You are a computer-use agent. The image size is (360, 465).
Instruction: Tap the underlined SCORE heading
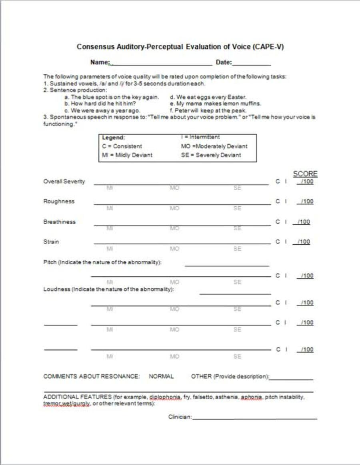[305, 174]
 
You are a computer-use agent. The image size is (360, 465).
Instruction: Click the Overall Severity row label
[64, 181]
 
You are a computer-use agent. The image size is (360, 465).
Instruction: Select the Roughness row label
[59, 201]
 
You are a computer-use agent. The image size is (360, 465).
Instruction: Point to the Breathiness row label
[59, 222]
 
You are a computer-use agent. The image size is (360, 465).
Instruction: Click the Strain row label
[51, 241]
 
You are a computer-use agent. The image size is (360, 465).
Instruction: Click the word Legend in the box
[114, 138]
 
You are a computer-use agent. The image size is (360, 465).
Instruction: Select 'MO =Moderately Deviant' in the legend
[214, 146]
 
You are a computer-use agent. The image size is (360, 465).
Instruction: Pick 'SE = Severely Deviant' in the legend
[211, 155]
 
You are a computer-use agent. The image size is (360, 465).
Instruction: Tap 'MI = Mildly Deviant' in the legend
[127, 155]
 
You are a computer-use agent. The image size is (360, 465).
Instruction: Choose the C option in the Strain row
[278, 241]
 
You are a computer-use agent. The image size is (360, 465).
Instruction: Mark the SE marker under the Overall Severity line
[237, 188]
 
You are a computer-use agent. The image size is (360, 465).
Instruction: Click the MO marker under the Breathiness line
[174, 228]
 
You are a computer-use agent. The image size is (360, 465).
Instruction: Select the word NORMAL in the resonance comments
[161, 376]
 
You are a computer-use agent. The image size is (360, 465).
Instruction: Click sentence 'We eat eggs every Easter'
[208, 97]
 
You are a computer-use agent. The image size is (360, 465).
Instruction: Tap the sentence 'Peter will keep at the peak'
[208, 110]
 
